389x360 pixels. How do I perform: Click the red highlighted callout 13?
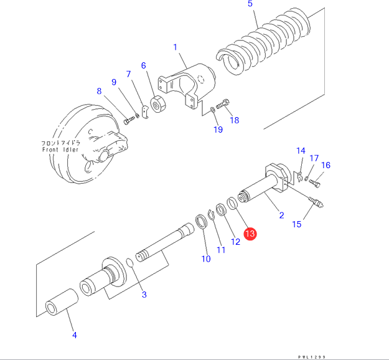(x=250, y=234)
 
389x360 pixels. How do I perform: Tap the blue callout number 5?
(x=250, y=4)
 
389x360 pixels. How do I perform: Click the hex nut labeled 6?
(x=158, y=104)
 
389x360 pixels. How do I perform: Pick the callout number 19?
(x=218, y=130)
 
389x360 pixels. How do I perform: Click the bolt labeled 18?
(x=223, y=104)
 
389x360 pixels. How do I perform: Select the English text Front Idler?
(x=60, y=149)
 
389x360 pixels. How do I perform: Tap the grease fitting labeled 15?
(x=316, y=202)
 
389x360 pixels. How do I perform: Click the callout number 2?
(x=281, y=215)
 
